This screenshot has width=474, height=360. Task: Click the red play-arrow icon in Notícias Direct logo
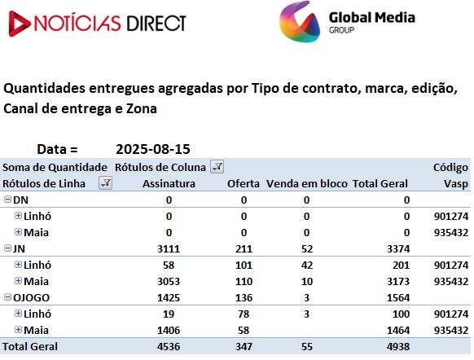(19, 24)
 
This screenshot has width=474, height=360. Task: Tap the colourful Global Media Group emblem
(299, 22)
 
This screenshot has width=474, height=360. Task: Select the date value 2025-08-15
(153, 149)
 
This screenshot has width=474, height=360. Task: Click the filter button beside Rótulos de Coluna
(217, 166)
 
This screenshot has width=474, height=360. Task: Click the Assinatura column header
(169, 183)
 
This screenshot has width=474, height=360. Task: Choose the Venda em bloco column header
(306, 183)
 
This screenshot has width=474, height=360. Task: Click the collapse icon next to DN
(7, 200)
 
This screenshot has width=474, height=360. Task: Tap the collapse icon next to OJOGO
(7, 297)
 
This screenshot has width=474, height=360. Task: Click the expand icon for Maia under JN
(18, 281)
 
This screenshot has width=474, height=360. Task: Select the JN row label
(19, 248)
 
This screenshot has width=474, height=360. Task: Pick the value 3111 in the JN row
(169, 248)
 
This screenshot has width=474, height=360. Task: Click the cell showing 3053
(169, 282)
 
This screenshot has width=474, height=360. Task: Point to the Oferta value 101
(244, 265)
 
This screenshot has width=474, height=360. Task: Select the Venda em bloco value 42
(307, 265)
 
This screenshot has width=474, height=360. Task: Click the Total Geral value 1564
(398, 298)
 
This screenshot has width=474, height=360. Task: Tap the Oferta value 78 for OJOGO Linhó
(244, 314)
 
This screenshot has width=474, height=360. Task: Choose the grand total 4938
(398, 346)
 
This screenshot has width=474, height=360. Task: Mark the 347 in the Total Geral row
(244, 346)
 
